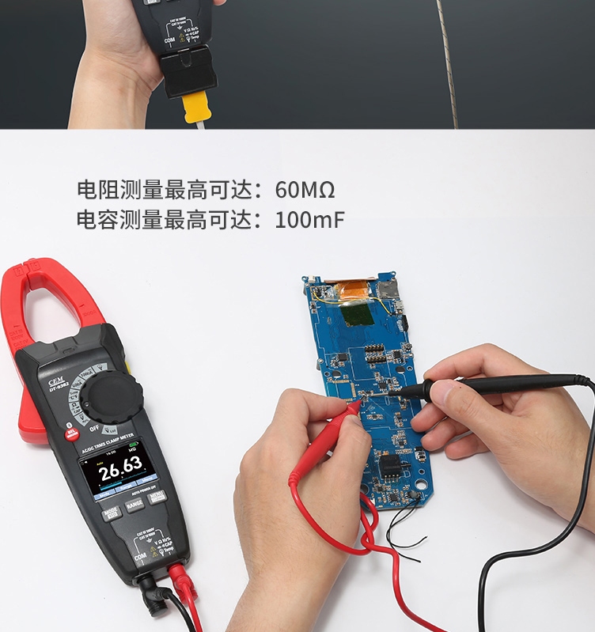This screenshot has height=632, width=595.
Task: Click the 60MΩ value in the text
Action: pos(305,190)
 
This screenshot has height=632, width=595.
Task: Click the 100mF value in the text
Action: pos(309,219)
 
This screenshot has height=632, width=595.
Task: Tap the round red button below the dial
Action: pos(72,433)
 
